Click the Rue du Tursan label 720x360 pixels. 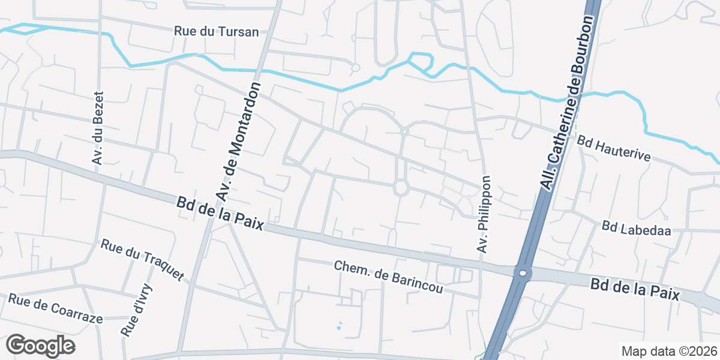[x=217, y=31]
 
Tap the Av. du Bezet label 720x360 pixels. [x=98, y=128]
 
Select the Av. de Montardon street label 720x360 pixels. [x=239, y=142]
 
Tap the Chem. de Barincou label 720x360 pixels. [x=388, y=277]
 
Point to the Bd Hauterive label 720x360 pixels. [x=614, y=148]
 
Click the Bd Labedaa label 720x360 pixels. [x=636, y=227]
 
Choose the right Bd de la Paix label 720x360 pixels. [x=635, y=289]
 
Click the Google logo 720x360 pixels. [x=40, y=346]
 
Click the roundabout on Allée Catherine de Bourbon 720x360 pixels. [x=523, y=274]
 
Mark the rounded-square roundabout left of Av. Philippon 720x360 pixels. [x=401, y=188]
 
